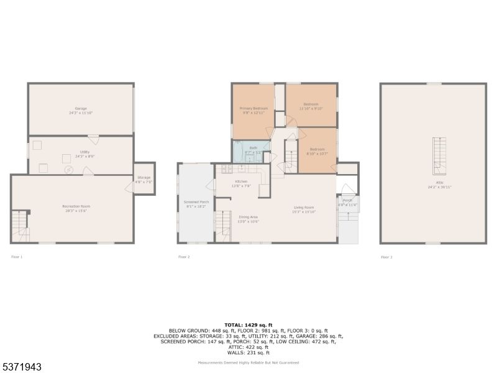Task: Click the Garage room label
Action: click(81, 111)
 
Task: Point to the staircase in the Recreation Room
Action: click(21, 226)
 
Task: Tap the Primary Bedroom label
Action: click(253, 110)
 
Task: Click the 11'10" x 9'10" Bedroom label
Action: click(311, 106)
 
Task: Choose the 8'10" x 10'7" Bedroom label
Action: click(317, 152)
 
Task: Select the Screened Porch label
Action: click(196, 204)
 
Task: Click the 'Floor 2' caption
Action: click(184, 257)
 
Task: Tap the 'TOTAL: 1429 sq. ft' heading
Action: click(248, 325)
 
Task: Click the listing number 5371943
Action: click(22, 367)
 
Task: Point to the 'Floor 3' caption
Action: click(386, 257)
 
